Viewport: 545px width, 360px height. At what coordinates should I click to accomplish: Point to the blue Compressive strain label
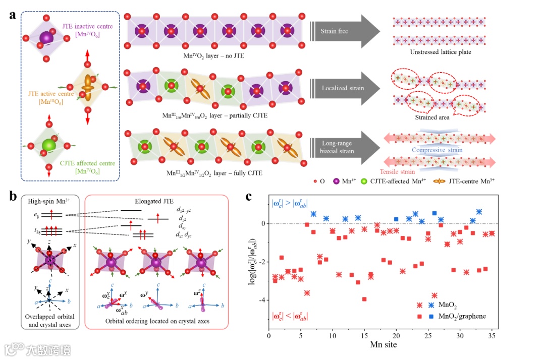[x=437, y=150]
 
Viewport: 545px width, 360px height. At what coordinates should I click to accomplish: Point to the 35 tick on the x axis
[x=492, y=335]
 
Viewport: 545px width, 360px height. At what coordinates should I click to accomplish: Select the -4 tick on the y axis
[x=261, y=300]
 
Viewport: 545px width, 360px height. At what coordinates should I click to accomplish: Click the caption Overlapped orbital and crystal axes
[x=48, y=320]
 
